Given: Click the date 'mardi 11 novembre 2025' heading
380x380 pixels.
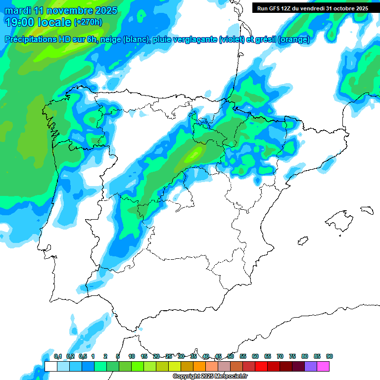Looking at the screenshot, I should click(61, 10).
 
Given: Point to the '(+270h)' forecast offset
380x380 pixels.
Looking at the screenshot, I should click(89, 22).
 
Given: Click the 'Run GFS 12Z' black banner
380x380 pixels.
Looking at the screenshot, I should click(312, 8).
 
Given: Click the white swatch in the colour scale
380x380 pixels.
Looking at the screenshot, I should click(50, 366).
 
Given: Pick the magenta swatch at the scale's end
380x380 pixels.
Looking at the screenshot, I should click(323, 366).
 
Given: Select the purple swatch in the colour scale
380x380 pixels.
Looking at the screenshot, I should click(311, 366).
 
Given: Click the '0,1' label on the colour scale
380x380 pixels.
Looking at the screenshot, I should click(58, 356).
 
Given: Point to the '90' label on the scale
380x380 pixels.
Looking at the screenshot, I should click(330, 356).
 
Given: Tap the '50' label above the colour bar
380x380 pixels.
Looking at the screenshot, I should click(231, 356).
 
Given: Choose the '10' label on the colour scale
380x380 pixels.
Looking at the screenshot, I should click(132, 356).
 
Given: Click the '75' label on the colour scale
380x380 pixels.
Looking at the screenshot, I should click(292, 356).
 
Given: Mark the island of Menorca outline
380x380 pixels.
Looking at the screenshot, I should click(367, 209).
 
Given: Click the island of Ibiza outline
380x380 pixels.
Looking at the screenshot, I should click(302, 241).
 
